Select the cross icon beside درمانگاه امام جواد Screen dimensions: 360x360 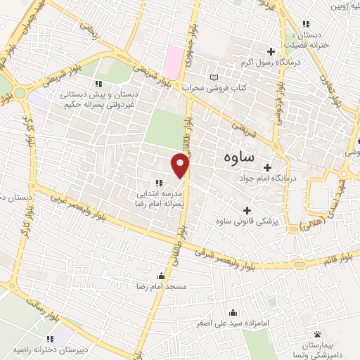click(x=266, y=167)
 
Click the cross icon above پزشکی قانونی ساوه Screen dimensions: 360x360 click(x=247, y=210)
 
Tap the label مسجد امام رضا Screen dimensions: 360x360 click(x=162, y=286)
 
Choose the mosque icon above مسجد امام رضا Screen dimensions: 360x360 click(x=162, y=276)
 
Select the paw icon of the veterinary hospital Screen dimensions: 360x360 click(x=317, y=334)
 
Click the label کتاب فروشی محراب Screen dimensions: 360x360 click(x=214, y=88)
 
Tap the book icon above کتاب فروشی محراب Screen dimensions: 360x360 click(x=214, y=77)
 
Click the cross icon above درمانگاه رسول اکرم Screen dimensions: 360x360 click(x=271, y=51)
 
